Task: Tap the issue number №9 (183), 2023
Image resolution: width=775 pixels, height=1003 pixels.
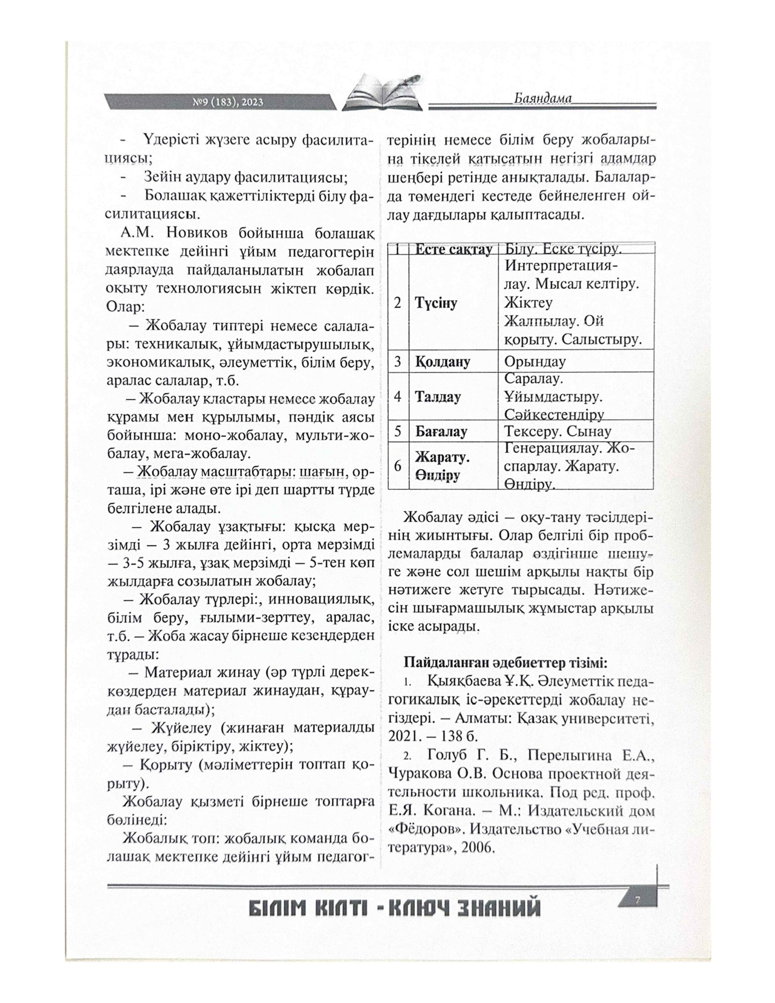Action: click(228, 102)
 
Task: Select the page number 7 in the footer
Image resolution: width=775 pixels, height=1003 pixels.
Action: click(637, 899)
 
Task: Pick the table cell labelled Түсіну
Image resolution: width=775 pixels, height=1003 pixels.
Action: click(436, 303)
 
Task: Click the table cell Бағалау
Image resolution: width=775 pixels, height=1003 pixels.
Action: click(441, 432)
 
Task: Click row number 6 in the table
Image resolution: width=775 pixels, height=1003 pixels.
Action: click(397, 466)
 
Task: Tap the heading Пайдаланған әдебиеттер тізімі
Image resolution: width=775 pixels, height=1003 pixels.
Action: click(506, 663)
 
